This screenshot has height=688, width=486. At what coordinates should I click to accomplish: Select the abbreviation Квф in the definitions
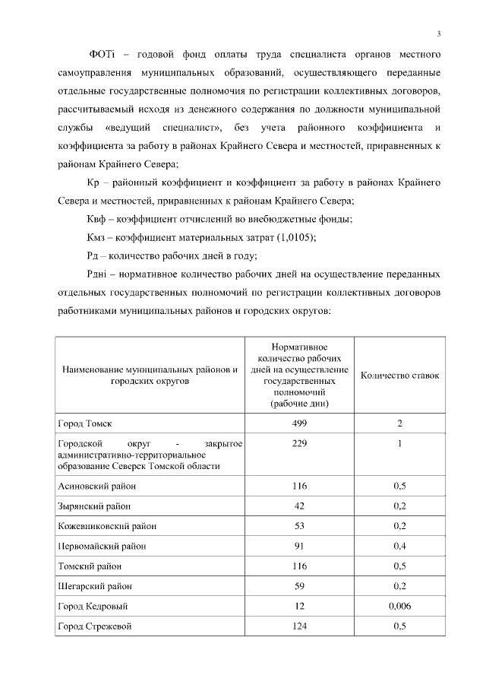point(99,219)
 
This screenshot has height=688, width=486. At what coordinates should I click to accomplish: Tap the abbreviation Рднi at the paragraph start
point(100,274)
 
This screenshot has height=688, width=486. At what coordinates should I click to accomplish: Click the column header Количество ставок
point(399,375)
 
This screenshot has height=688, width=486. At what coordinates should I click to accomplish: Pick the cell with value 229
point(299,443)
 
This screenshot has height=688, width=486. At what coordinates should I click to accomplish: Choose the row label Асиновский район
point(95,485)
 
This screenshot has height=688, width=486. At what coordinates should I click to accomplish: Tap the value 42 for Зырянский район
point(299,506)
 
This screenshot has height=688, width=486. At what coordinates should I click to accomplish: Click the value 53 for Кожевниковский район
point(299,526)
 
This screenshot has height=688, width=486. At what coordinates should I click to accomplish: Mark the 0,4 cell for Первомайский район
point(399,546)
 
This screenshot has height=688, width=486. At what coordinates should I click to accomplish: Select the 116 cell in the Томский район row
point(299,566)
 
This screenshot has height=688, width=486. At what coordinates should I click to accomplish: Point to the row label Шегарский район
point(92,586)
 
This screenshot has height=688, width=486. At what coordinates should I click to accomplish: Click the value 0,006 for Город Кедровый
point(399,607)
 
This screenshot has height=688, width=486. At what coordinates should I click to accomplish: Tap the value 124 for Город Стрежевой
point(299,627)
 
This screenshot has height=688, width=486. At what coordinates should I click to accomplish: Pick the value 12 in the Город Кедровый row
point(299,607)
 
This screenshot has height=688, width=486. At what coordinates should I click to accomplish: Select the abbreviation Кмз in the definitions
point(99,237)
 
